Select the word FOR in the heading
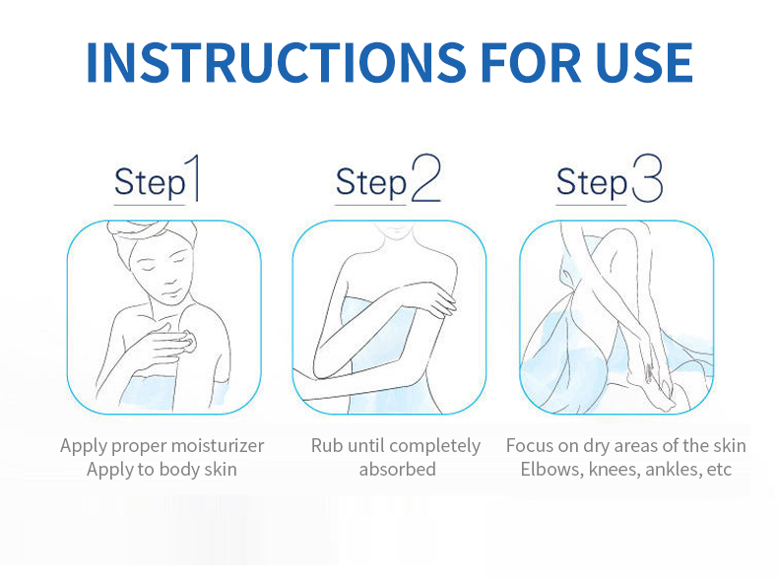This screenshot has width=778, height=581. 531,62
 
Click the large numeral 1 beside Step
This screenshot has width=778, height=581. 192,177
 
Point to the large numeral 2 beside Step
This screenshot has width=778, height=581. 426,177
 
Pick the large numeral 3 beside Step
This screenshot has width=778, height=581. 647,177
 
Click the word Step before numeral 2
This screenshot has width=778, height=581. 371,183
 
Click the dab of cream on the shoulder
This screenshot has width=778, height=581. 189,342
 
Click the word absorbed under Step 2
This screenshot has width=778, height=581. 398,469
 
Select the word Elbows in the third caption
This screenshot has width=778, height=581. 551,470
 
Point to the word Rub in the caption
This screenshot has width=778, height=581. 327,445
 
